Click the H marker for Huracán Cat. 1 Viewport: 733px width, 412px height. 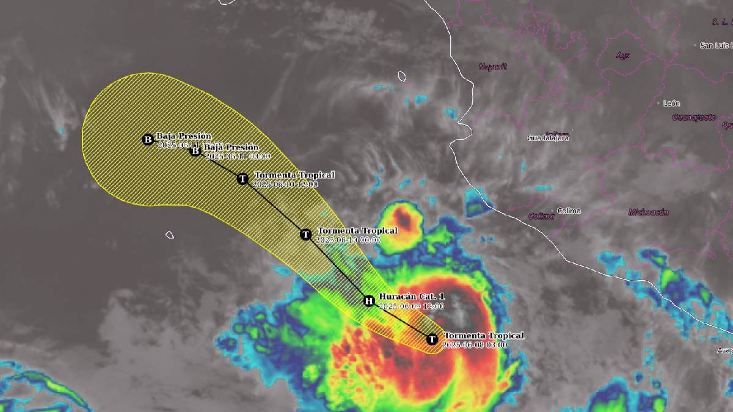pyautogui.click(x=369, y=300)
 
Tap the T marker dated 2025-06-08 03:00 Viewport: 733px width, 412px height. pyautogui.click(x=432, y=339)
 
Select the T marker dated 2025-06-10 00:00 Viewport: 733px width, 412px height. pyautogui.click(x=306, y=234)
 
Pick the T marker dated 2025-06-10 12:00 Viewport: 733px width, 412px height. pyautogui.click(x=243, y=179)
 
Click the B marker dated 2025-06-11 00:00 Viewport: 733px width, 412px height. pyautogui.click(x=195, y=150)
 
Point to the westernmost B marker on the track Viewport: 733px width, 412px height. pyautogui.click(x=148, y=140)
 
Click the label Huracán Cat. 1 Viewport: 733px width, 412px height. pyautogui.click(x=412, y=297)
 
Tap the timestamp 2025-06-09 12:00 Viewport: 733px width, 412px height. pyautogui.click(x=411, y=306)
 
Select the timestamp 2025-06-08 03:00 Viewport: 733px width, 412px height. pyautogui.click(x=474, y=345)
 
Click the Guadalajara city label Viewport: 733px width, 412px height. pyautogui.click(x=548, y=138)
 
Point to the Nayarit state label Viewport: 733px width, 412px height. pyautogui.click(x=492, y=67)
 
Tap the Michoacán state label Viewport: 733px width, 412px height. pyautogui.click(x=648, y=212)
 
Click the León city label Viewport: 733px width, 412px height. pyautogui.click(x=671, y=104)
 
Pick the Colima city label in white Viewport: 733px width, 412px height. pyautogui.click(x=569, y=211)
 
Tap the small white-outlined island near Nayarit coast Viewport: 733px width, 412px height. pyautogui.click(x=402, y=76)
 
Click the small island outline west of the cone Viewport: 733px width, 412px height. pyautogui.click(x=170, y=234)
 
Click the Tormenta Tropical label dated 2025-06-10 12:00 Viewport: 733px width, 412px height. pyautogui.click(x=294, y=175)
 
